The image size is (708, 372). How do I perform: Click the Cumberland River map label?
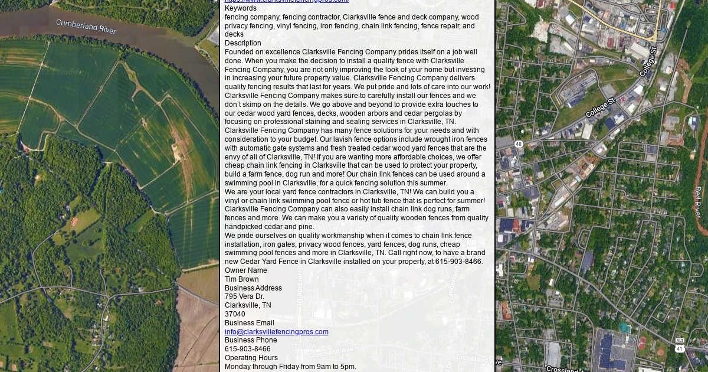click(x=86, y=26)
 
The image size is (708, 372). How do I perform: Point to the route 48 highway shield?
click(x=518, y=144)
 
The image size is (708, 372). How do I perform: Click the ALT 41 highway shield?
click(x=680, y=345)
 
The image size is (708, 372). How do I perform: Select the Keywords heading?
click(x=241, y=8)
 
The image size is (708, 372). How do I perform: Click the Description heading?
click(x=242, y=43)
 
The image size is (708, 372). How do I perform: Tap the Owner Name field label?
click(x=245, y=270)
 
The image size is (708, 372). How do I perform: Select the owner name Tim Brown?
click(x=241, y=279)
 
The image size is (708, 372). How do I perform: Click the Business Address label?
click(x=253, y=288)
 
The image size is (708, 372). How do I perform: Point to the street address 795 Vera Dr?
click(x=244, y=296)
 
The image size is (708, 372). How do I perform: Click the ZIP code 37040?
click(x=235, y=314)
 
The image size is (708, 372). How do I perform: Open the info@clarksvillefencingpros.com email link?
click(x=276, y=332)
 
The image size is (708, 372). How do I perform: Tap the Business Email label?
click(x=249, y=323)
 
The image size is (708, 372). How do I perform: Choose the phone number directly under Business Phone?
click(x=247, y=349)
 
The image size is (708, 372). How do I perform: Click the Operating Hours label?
click(x=251, y=358)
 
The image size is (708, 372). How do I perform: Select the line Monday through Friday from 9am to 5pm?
click(x=290, y=367)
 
